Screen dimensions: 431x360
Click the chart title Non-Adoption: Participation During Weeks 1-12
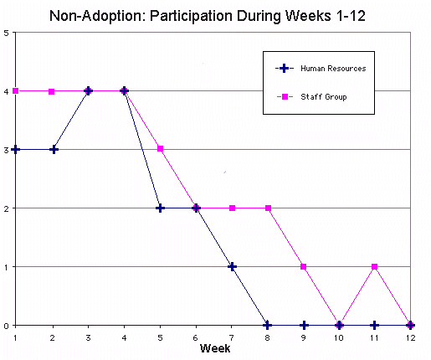(x=208, y=16)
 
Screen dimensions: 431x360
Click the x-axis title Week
(x=215, y=348)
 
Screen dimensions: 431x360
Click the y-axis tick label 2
(x=6, y=208)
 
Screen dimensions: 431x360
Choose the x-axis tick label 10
(x=339, y=338)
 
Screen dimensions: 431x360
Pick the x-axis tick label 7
(x=232, y=338)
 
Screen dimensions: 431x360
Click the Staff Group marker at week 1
(x=16, y=91)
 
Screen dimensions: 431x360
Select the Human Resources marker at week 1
(x=16, y=150)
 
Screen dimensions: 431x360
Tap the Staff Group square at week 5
(x=160, y=149)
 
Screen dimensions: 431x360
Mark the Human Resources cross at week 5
(x=160, y=208)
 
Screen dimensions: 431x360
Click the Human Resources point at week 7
(x=232, y=267)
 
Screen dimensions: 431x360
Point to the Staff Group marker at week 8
(x=268, y=208)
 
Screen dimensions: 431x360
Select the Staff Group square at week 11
(x=375, y=267)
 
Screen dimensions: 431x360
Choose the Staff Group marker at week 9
(x=304, y=267)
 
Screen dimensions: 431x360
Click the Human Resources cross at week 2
(x=54, y=150)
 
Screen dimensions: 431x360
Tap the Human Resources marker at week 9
(x=304, y=326)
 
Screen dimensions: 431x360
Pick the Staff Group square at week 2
(x=52, y=91)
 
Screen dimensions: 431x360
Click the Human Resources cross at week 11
(x=375, y=326)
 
